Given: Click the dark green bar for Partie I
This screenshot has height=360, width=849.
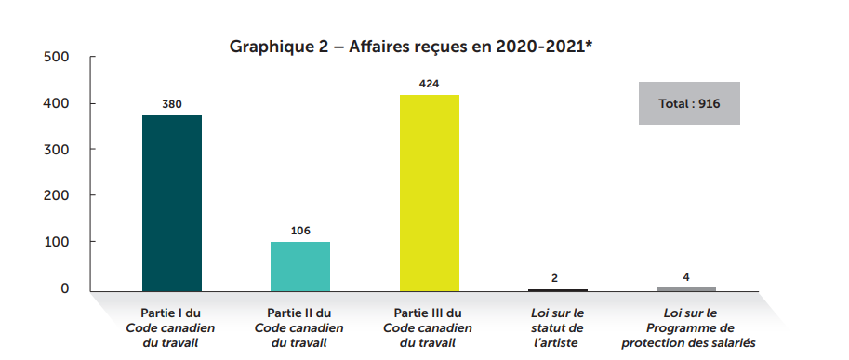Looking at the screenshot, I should (171, 203).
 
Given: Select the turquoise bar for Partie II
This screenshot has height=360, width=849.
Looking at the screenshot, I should (299, 266).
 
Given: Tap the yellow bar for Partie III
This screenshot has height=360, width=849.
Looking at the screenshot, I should (429, 193).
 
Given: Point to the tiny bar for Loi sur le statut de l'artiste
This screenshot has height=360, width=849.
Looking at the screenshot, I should (557, 290).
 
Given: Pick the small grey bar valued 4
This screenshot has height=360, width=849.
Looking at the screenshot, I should (686, 289).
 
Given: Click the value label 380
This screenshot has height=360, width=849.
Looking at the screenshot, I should (171, 104).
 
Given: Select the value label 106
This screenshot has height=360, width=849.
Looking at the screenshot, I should (299, 231).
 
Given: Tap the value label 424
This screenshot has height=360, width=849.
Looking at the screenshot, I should (429, 84).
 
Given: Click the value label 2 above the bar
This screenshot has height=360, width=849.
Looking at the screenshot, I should (557, 278).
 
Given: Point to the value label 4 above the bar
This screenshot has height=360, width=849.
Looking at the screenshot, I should (686, 276).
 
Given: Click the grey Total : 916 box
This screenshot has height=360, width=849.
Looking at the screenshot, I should (689, 103).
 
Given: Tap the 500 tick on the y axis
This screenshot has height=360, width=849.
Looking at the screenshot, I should (57, 58).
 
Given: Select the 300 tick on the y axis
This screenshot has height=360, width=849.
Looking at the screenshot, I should (57, 150).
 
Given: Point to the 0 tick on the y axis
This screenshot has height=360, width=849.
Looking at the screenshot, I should (64, 288).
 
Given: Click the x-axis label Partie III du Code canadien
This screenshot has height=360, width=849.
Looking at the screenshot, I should (429, 328).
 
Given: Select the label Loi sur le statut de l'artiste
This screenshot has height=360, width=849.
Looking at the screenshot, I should (557, 328).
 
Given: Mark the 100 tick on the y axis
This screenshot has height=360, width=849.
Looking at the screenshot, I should (57, 243).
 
